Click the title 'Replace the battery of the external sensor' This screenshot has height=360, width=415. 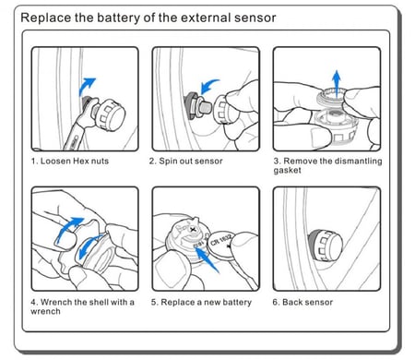(x=148, y=18)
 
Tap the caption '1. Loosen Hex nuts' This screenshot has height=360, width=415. (x=70, y=161)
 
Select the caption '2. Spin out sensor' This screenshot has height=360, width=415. (x=185, y=161)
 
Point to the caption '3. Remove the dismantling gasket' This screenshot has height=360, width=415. (x=327, y=165)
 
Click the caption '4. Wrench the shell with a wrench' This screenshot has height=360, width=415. (x=82, y=306)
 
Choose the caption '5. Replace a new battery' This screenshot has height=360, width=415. (x=201, y=302)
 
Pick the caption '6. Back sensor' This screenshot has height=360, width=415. (x=302, y=302)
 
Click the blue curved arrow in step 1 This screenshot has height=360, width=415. (x=86, y=86)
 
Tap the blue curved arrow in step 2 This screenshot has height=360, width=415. (x=209, y=85)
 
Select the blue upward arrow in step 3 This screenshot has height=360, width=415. (x=337, y=83)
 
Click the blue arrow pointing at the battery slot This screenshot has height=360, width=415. (x=207, y=259)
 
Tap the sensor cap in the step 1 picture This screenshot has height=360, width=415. (x=110, y=114)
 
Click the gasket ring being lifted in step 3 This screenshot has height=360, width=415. (x=333, y=96)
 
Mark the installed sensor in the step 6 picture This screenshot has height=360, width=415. (x=326, y=246)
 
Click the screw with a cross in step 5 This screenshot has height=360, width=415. (x=193, y=230)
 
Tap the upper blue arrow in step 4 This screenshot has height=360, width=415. (x=68, y=228)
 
